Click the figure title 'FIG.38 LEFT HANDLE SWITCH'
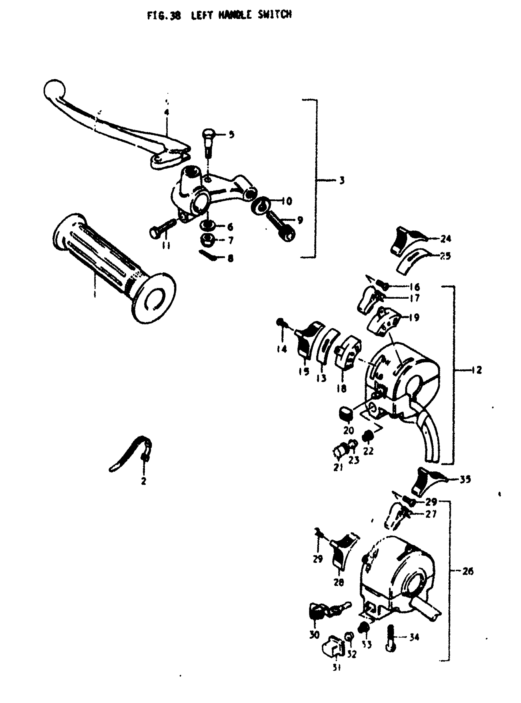[219, 15]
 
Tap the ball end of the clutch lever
[54, 89]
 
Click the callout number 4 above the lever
[166, 112]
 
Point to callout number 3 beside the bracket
[342, 181]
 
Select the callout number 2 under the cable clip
[143, 481]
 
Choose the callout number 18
[341, 389]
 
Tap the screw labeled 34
[390, 637]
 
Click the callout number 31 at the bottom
[337, 667]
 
